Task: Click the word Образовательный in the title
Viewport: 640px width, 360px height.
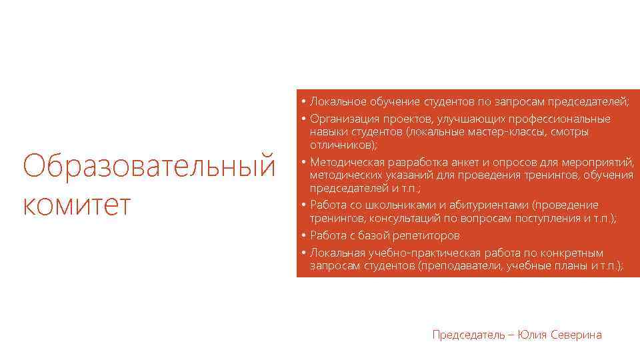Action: click(149, 165)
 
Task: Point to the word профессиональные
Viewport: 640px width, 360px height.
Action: click(559, 119)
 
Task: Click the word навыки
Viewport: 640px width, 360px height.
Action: click(326, 132)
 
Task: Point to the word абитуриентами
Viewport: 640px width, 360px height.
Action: click(475, 205)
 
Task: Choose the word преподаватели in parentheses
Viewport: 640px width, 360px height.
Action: click(469, 266)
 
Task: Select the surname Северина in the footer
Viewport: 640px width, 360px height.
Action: click(577, 335)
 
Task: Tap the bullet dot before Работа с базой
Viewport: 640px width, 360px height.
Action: click(303, 235)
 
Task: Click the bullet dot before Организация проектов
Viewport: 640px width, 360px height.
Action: click(303, 119)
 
